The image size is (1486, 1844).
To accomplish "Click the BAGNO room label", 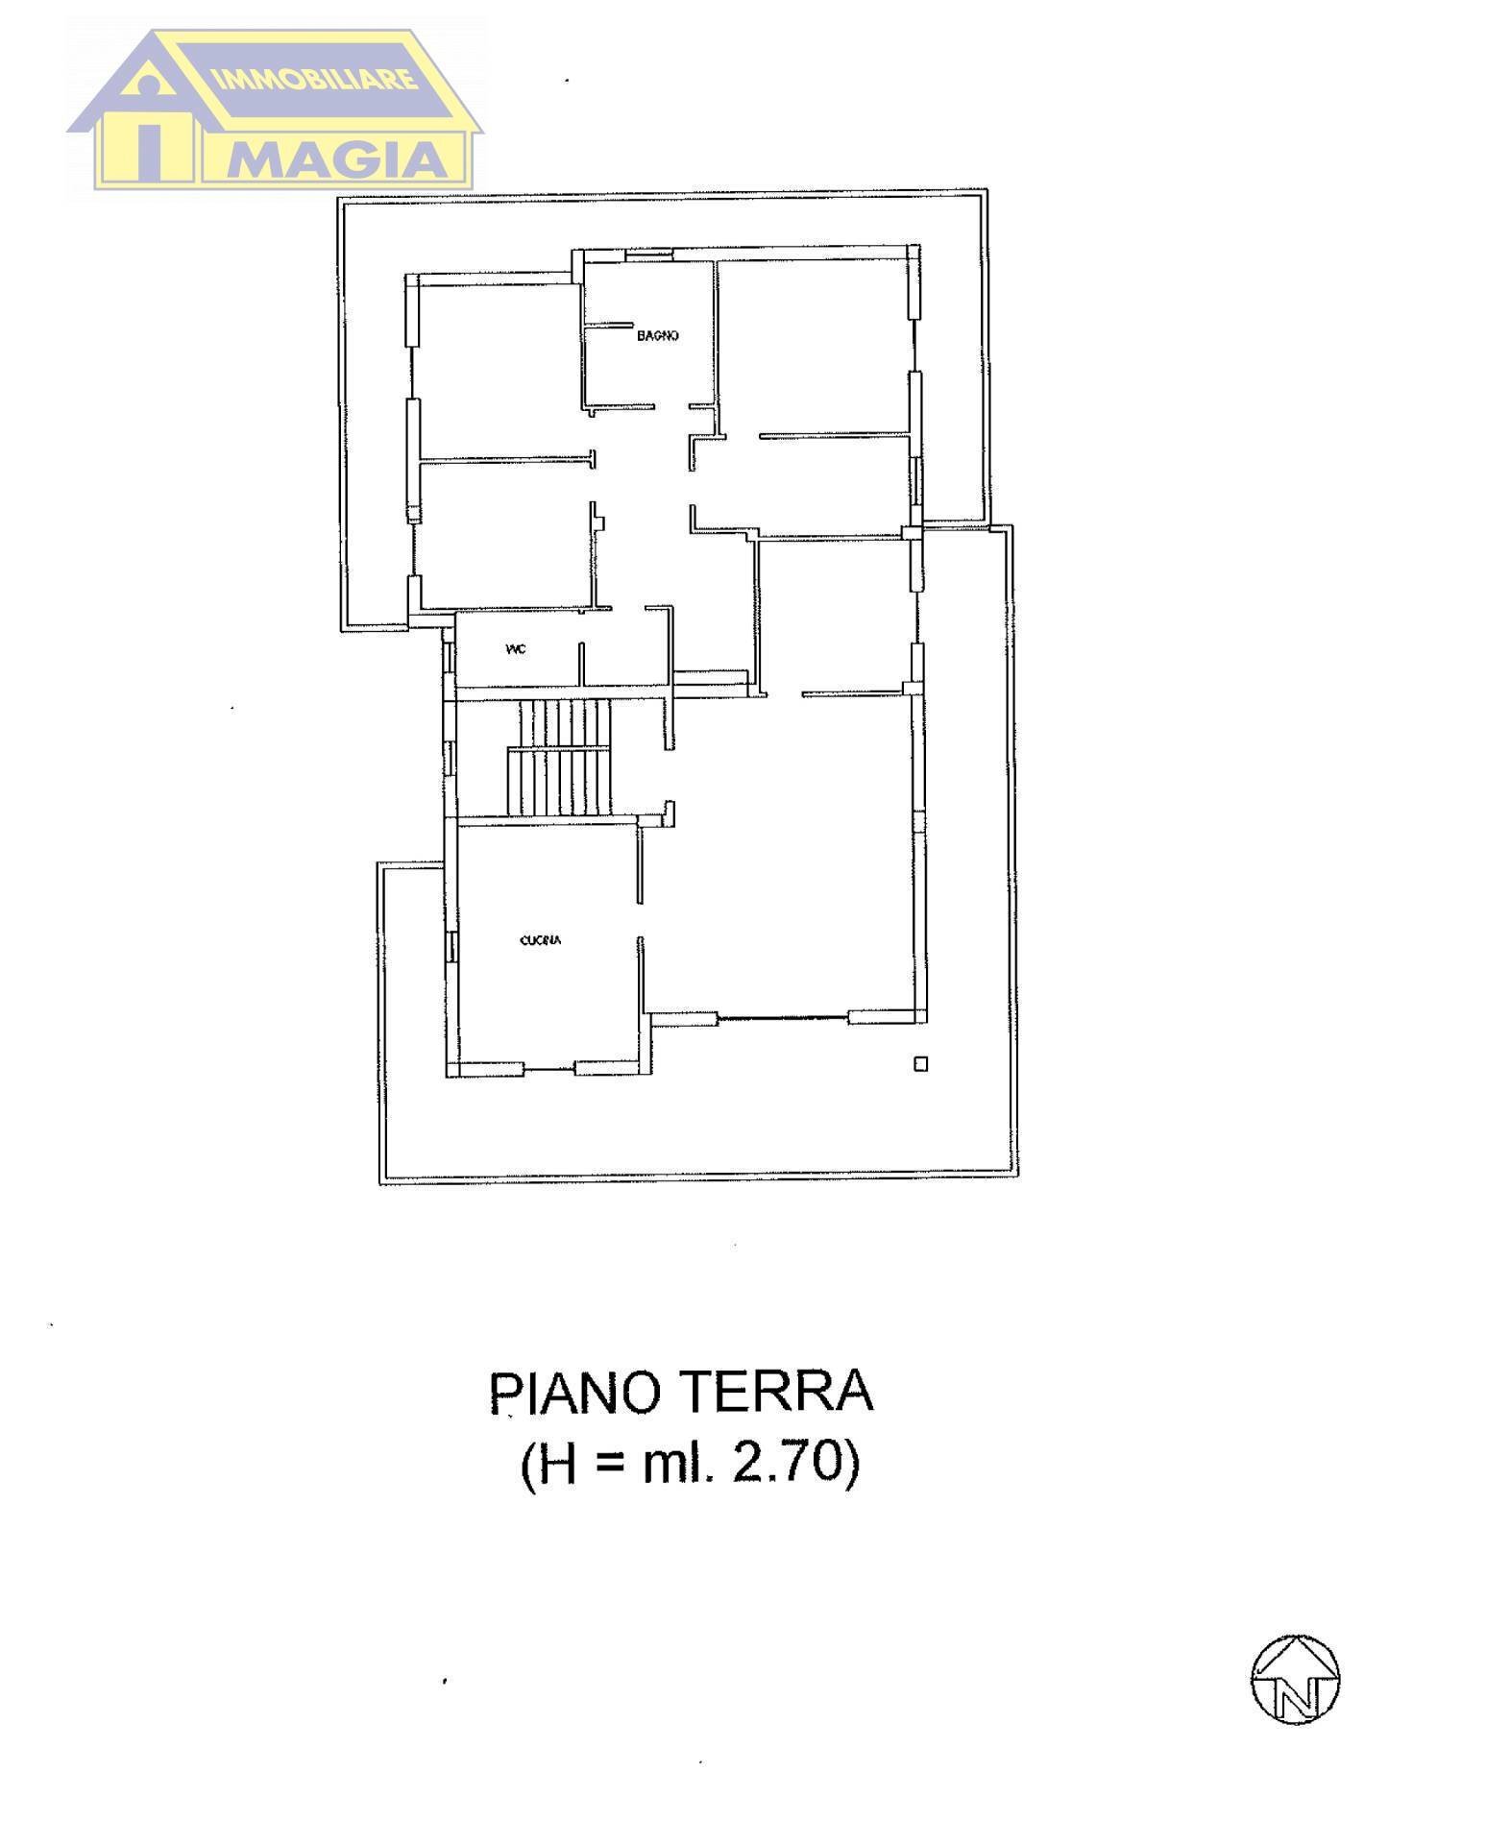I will pyautogui.click(x=658, y=336).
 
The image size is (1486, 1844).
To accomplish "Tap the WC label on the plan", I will pyautogui.click(x=515, y=649).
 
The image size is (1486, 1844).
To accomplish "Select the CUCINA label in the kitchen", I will pyautogui.click(x=540, y=940).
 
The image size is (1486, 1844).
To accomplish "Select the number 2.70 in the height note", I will pyautogui.click(x=778, y=1466).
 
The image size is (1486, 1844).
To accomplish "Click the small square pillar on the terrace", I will pyautogui.click(x=920, y=1063).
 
